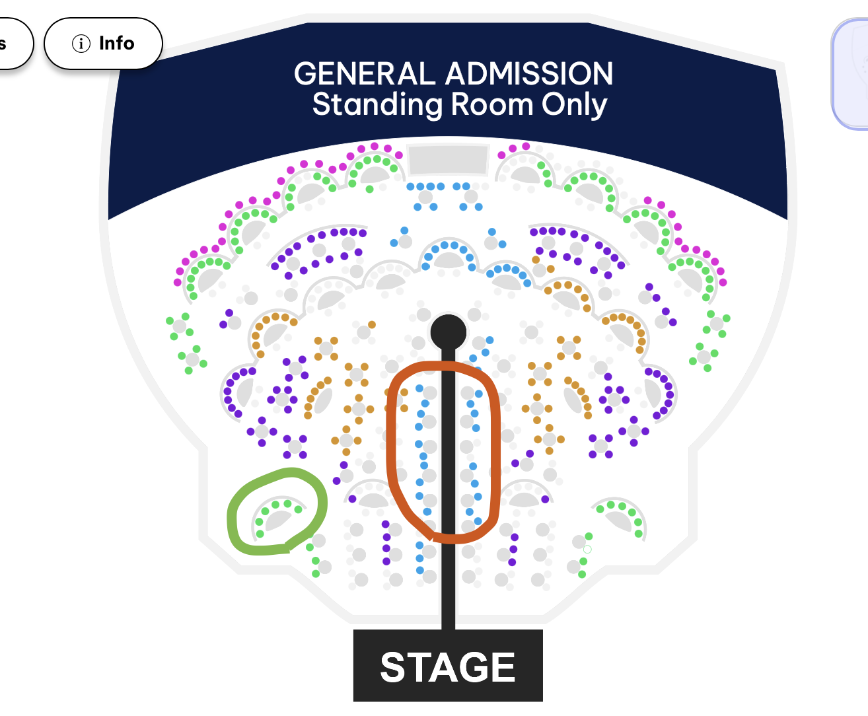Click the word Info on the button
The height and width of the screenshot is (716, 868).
pos(117,43)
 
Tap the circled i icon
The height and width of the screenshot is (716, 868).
pos(81,43)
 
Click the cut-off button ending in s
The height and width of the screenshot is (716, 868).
pos(13,44)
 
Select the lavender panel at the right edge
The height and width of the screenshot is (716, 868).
pos(851,74)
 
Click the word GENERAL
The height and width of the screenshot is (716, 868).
pos(365,73)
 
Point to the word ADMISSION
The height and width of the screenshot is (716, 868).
pos(529,73)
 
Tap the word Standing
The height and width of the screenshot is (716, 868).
pos(377,104)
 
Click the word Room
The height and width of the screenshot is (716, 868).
pos(491,104)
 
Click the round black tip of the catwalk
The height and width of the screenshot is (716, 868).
pos(448,332)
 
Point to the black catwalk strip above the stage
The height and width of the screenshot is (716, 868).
pos(448,487)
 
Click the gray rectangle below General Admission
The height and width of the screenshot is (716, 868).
pos(448,159)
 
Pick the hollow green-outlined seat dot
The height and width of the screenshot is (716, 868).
pos(587,550)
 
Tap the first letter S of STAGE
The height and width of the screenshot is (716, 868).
pos(394,666)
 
